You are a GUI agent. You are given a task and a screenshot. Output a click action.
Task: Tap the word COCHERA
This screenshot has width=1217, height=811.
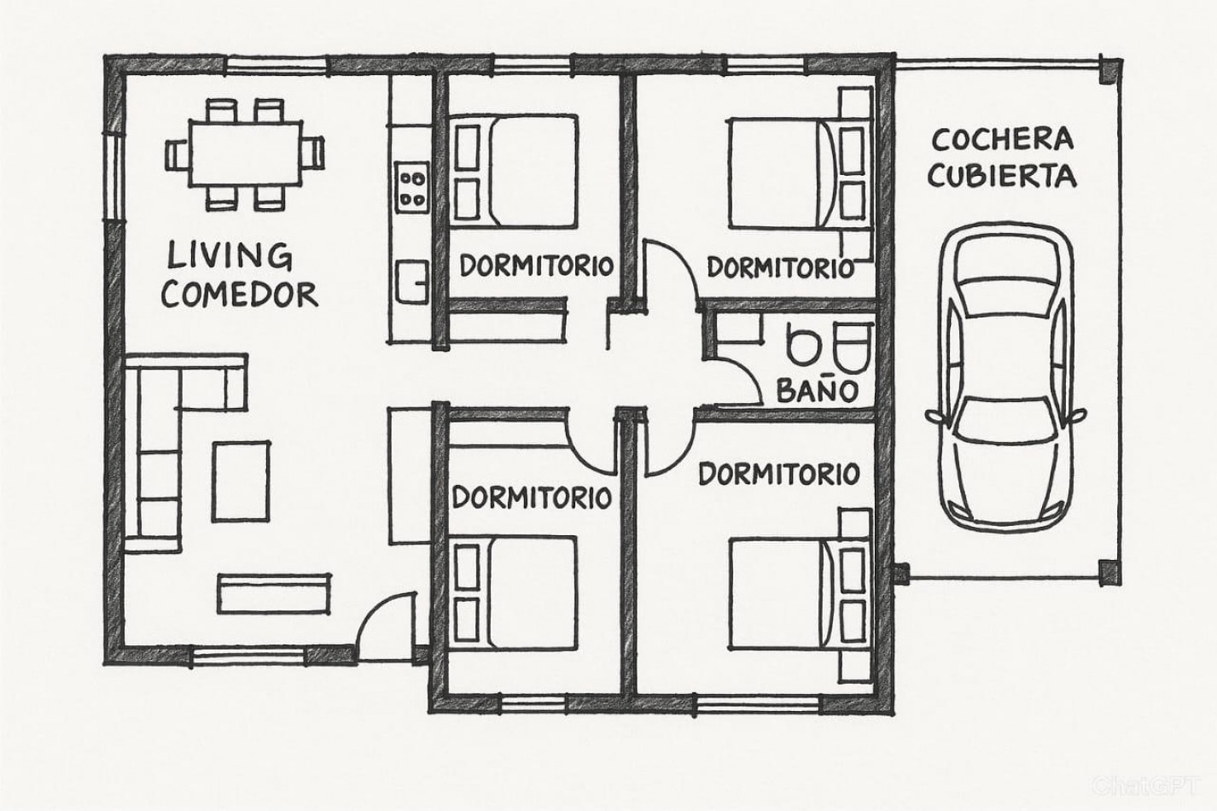[x=1003, y=140]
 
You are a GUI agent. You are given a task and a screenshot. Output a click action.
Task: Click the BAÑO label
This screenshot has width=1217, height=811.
[x=817, y=390]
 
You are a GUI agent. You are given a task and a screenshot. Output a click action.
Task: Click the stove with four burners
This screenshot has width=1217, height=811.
[x=411, y=187]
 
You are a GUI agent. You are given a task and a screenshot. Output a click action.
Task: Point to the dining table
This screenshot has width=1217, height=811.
[x=245, y=155]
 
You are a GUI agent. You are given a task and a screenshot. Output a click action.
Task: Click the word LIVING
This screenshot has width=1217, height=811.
[x=230, y=256]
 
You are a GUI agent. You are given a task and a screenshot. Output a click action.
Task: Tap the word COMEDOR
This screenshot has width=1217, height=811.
[x=239, y=295]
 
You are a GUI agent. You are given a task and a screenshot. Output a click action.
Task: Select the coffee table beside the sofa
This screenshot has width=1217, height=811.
[x=241, y=481]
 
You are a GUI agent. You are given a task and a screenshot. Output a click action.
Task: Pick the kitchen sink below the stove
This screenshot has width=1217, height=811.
[x=412, y=282]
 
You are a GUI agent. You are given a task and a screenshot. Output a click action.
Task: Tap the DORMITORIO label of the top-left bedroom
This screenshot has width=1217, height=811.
[x=537, y=265]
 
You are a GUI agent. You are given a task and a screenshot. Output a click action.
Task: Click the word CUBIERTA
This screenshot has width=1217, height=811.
[x=1003, y=176]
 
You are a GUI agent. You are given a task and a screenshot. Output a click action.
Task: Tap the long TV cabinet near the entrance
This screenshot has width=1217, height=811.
[x=274, y=593]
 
